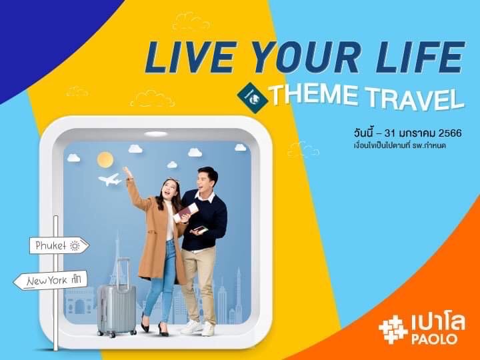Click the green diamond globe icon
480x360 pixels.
point(253,97)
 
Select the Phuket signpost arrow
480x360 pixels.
point(59,245)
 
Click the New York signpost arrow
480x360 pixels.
point(51,280)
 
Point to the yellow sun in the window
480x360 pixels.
point(105,159)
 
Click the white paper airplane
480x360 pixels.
point(110,179)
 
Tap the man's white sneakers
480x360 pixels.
point(199,327)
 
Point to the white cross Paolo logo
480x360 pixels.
point(393,329)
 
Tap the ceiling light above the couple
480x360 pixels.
point(156,133)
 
